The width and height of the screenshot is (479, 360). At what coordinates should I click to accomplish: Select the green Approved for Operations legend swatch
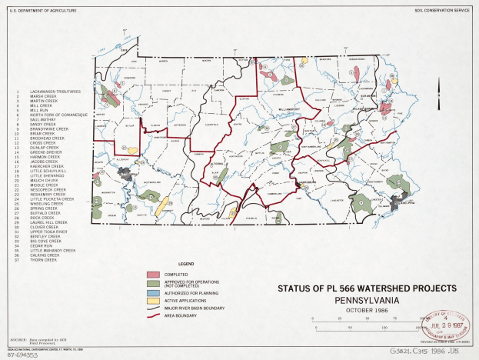pos(154,283)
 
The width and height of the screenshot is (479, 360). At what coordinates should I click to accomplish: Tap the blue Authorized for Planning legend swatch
pos(154,294)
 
